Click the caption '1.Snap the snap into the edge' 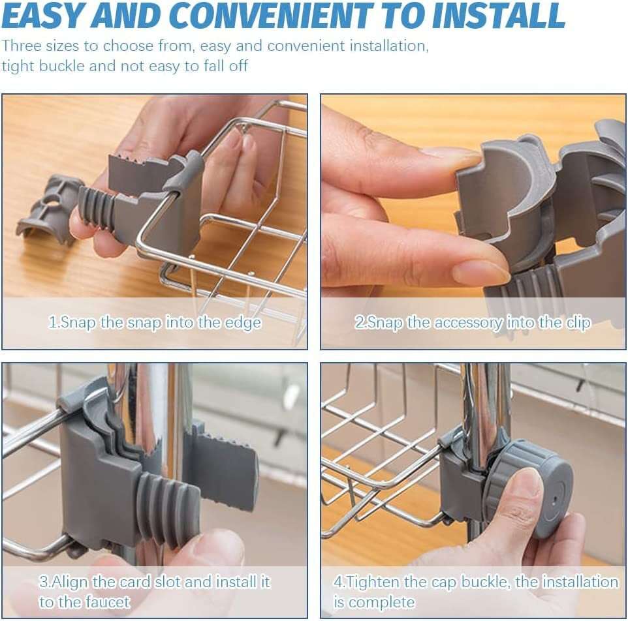155,322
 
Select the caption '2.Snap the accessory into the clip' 473,322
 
